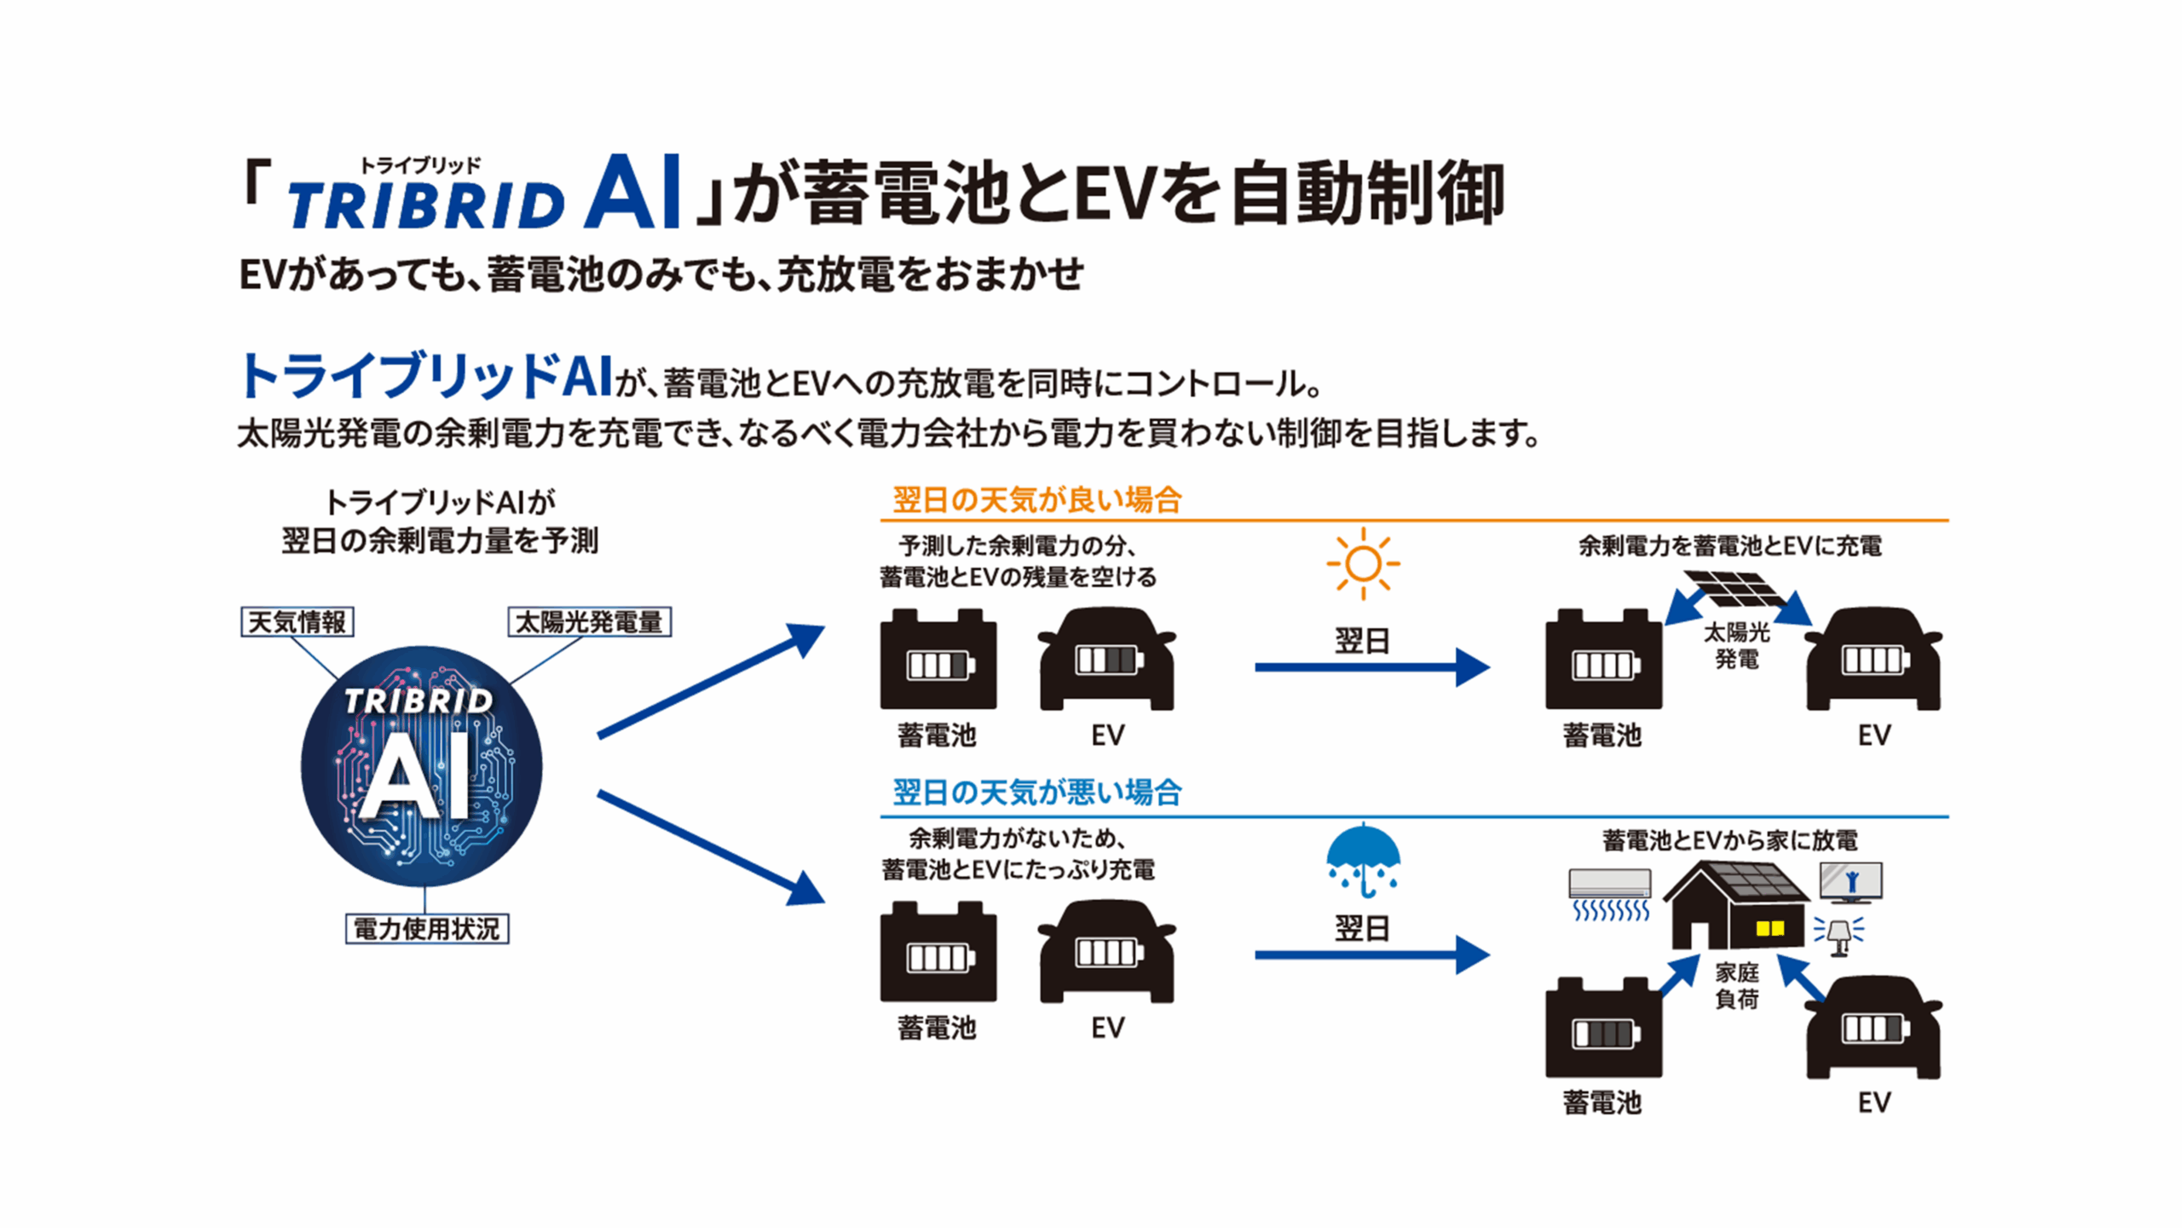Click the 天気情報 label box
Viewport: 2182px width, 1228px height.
(297, 622)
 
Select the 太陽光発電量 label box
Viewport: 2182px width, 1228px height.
(589, 622)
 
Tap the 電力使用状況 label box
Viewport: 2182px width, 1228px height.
(426, 929)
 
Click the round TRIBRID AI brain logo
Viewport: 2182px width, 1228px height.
(422, 766)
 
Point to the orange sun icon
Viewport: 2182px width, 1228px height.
(1362, 563)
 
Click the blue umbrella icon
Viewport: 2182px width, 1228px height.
(1362, 861)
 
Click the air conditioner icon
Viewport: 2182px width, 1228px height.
(1610, 894)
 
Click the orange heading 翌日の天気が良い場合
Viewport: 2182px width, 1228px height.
(1036, 500)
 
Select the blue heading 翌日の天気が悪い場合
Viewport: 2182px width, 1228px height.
(1036, 793)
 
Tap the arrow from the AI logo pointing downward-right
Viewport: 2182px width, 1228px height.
(711, 847)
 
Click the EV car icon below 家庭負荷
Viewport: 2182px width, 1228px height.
(1873, 1029)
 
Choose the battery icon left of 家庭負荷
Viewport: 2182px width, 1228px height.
(1603, 1029)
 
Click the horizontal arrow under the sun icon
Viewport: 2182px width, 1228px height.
(1371, 667)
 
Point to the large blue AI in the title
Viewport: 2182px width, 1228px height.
(632, 193)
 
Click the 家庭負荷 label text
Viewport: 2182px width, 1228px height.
(1736, 986)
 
